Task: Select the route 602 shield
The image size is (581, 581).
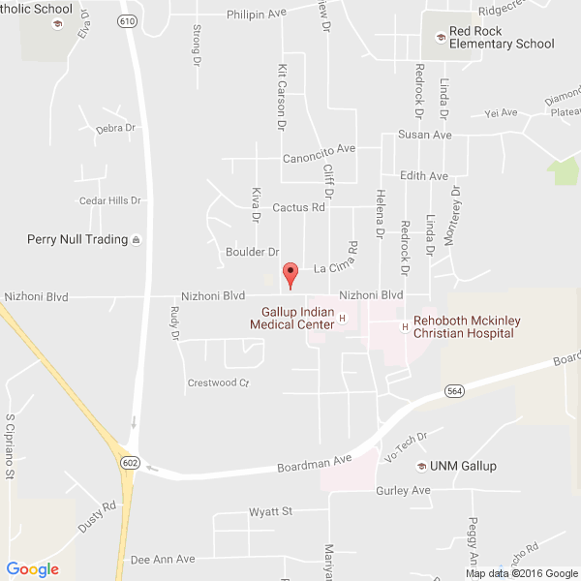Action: click(x=130, y=463)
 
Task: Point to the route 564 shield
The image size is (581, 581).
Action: click(x=454, y=390)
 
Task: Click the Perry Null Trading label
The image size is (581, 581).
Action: click(x=77, y=239)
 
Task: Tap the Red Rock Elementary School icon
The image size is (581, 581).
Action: click(x=440, y=37)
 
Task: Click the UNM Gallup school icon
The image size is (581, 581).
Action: click(x=421, y=467)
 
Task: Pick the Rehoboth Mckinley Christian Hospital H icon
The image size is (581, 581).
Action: click(x=404, y=326)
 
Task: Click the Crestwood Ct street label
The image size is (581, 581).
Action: click(x=218, y=383)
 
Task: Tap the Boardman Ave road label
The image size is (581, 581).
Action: click(x=315, y=462)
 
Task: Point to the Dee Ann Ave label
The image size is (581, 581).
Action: click(x=163, y=560)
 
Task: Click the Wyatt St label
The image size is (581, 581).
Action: click(x=270, y=511)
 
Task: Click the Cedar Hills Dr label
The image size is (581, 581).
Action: click(x=109, y=201)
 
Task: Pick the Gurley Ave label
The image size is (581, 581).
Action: click(x=403, y=491)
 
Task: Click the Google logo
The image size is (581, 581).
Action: click(x=33, y=569)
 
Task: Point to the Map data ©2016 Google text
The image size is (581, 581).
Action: click(x=520, y=572)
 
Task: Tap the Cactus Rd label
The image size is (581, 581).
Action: click(x=298, y=207)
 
